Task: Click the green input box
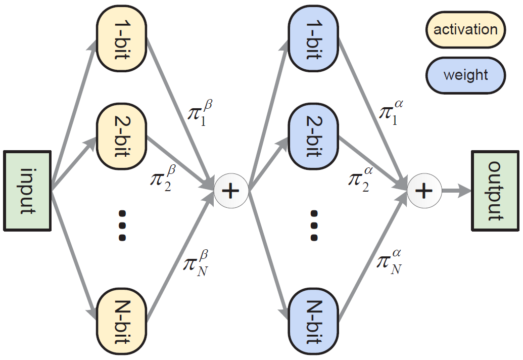27,191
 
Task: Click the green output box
495,191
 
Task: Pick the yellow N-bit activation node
122,321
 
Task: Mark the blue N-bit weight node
313,321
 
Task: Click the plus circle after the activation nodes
231,191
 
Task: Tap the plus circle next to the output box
424,191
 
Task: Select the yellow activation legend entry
465,30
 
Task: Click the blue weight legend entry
465,75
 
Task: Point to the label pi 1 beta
200,113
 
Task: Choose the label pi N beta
196,263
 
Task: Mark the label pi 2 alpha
361,179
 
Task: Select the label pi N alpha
389,261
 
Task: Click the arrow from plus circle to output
457,191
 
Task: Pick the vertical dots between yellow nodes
122,225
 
